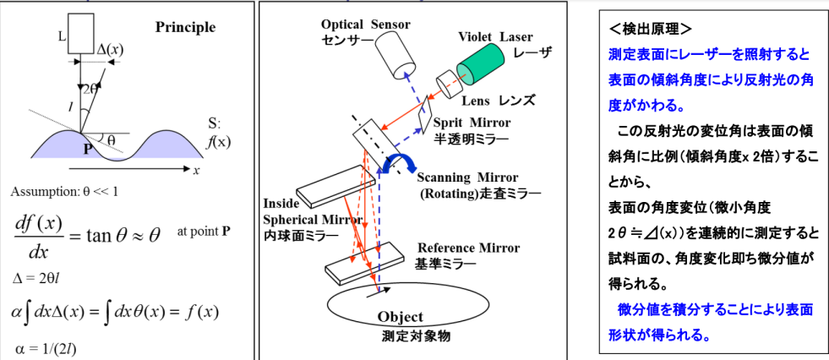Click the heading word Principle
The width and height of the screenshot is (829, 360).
coord(185,27)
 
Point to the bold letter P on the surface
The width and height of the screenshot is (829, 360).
coord(86,148)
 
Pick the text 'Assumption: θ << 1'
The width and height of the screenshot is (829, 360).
coord(66,192)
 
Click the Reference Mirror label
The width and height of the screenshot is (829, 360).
coord(469,248)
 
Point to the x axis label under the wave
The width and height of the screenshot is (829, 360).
coord(196,171)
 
